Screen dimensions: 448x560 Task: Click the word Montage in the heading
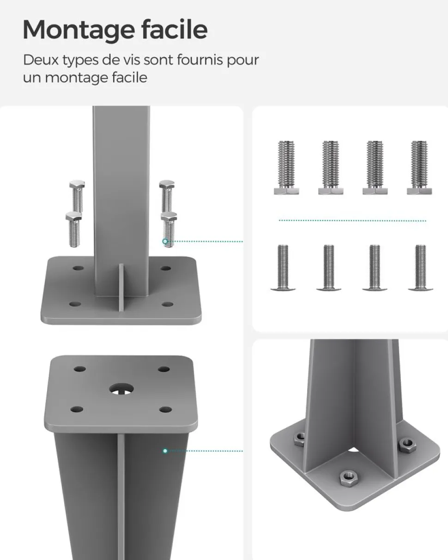(79, 30)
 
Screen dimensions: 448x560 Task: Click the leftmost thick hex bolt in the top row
(286, 168)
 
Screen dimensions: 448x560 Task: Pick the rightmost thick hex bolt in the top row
(419, 168)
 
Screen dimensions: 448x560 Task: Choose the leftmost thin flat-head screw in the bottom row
(283, 267)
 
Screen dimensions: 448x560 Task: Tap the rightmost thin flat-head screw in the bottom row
(420, 267)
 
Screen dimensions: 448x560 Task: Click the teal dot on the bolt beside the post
(165, 241)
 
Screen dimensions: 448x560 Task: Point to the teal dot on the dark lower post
(165, 451)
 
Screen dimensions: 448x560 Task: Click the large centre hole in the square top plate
(121, 390)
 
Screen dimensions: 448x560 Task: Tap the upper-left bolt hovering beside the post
(77, 196)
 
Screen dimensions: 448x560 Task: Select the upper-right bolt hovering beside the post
(167, 196)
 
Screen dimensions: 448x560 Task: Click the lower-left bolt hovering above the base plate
(74, 229)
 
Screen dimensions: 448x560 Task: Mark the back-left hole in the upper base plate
(78, 268)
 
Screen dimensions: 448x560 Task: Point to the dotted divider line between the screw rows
(352, 221)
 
